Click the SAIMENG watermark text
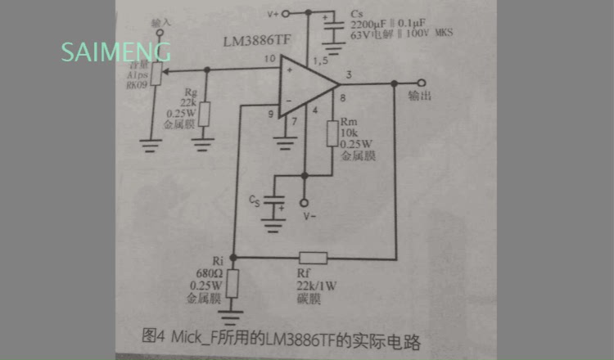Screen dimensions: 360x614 tap(115, 53)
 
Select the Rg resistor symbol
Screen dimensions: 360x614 tap(205, 113)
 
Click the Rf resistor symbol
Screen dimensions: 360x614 tap(313, 258)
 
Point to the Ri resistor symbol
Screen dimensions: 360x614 tap(233, 283)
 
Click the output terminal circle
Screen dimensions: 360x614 tap(421, 83)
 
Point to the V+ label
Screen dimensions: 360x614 tap(274, 14)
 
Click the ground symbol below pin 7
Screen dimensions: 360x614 tap(285, 144)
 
